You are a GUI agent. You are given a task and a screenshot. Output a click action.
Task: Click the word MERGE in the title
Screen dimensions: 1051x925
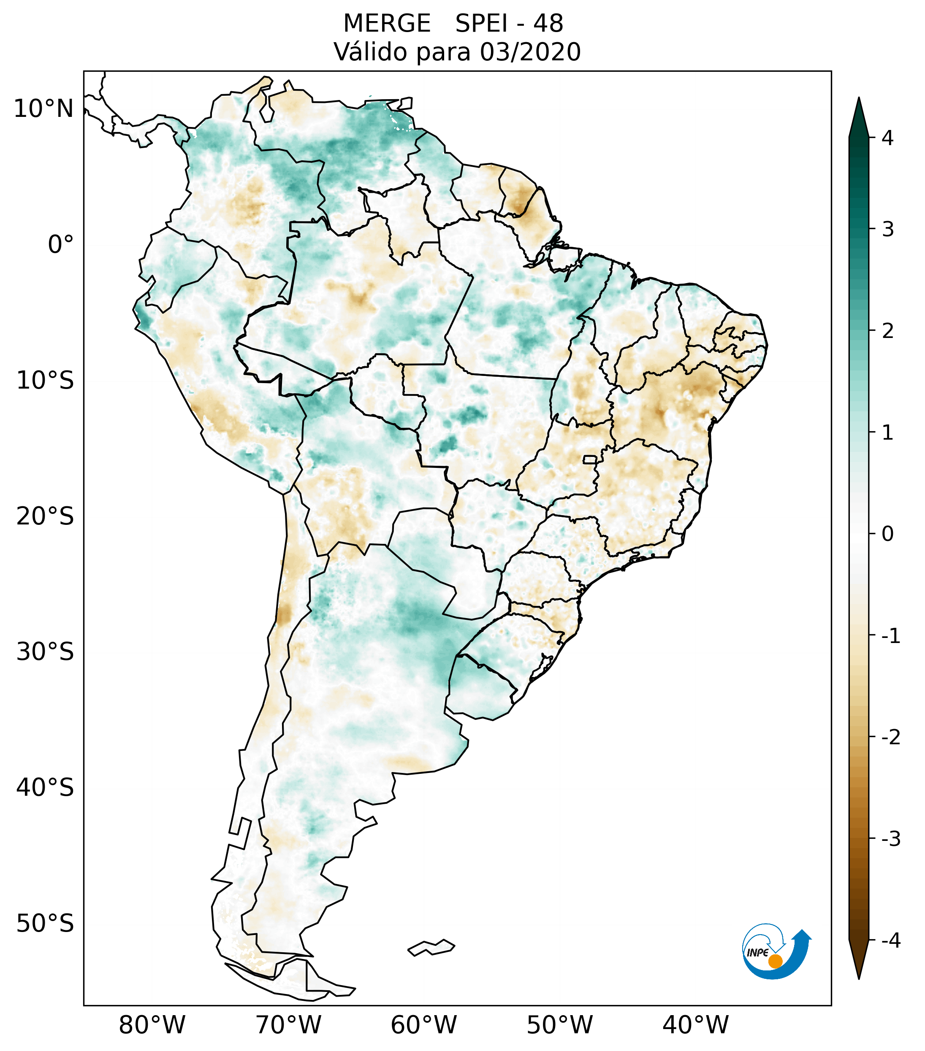(387, 24)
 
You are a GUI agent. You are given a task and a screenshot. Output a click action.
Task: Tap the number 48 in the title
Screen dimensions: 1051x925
(548, 24)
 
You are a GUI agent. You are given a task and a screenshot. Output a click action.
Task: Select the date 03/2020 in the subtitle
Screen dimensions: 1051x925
(530, 52)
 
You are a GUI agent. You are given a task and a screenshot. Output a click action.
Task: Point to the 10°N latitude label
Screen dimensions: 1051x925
(44, 109)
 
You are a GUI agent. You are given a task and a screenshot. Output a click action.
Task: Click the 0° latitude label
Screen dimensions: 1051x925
(61, 245)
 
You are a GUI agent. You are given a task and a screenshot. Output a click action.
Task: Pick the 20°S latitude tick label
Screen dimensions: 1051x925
(45, 516)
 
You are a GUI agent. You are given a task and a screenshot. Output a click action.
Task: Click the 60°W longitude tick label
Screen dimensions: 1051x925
(423, 1025)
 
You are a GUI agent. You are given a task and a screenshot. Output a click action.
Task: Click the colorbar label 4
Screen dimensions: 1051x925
(887, 138)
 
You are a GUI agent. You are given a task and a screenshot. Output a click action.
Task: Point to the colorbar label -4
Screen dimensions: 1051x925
(890, 941)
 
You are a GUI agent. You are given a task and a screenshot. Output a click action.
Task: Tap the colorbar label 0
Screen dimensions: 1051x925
(887, 534)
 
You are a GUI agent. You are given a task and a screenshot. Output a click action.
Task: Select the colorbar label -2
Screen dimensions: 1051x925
(890, 738)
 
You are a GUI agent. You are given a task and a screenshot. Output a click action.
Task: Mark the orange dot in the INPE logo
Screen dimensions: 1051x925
(775, 961)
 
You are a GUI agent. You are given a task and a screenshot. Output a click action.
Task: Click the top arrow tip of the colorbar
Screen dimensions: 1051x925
(858, 99)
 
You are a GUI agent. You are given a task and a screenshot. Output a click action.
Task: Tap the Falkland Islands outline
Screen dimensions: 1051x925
(431, 947)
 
